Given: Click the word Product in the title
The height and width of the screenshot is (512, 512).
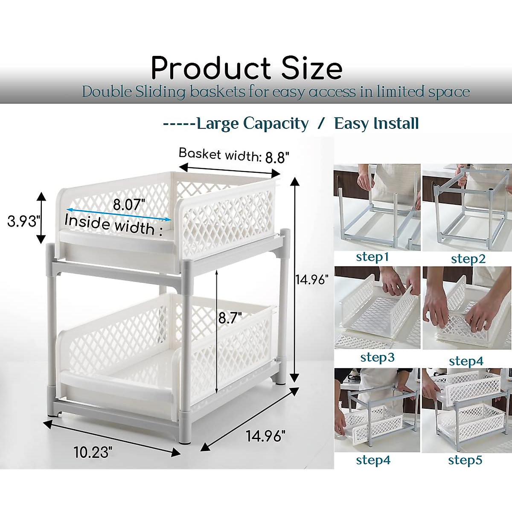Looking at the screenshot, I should click(211, 68).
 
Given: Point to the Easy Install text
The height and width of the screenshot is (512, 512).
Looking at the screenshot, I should click(376, 124).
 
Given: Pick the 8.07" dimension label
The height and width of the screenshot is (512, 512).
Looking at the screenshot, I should click(127, 205).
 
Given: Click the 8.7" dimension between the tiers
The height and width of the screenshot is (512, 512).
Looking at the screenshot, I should click(230, 318).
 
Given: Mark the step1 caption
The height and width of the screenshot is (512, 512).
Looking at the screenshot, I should click(372, 257).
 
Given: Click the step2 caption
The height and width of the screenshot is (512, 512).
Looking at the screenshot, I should click(468, 259).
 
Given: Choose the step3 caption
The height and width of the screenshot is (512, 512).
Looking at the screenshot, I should click(377, 357).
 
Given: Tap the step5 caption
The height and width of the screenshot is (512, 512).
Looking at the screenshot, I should click(465, 460).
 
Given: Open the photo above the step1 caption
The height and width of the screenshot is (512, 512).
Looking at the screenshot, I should click(377, 207).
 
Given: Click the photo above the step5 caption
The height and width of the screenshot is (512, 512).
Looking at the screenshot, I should click(466, 410).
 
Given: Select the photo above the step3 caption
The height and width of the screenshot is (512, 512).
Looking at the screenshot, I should click(377, 308).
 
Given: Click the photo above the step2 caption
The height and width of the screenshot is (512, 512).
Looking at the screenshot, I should click(467, 207).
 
